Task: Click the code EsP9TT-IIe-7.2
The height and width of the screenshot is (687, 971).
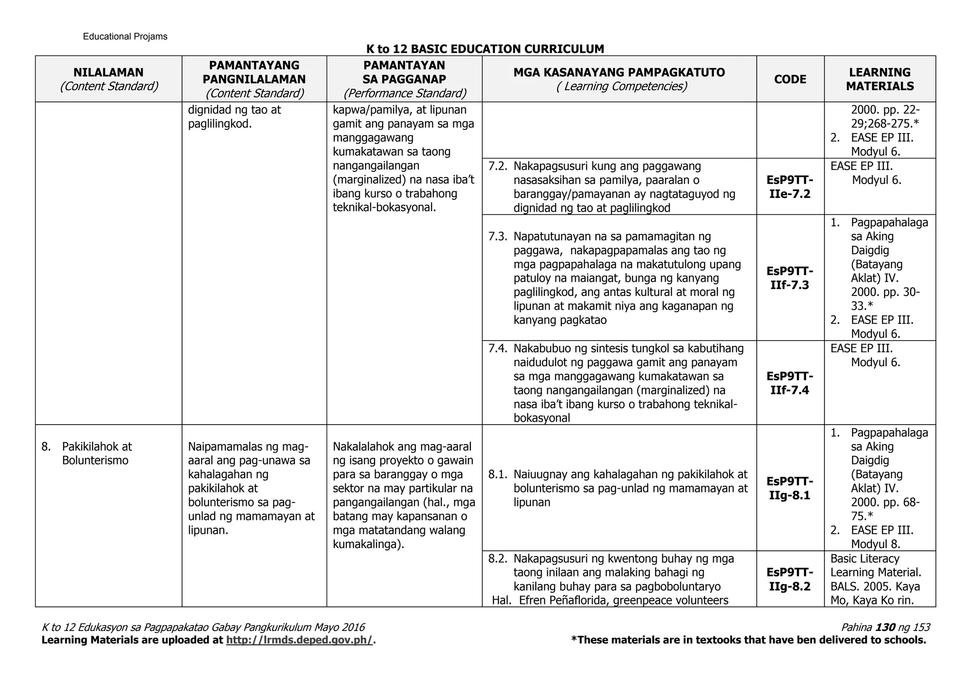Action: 790,187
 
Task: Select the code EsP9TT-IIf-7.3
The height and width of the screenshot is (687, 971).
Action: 790,278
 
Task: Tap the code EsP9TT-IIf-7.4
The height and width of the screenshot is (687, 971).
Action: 790,383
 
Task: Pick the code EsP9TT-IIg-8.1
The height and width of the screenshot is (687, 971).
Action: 790,488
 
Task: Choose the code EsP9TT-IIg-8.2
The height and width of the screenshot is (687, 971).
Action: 790,579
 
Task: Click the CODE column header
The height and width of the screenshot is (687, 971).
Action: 790,79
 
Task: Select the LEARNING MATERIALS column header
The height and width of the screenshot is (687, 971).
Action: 879,79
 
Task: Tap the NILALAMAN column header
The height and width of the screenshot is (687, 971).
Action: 108,73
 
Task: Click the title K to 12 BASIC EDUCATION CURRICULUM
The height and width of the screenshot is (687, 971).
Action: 485,49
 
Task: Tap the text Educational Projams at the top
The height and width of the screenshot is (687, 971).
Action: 125,37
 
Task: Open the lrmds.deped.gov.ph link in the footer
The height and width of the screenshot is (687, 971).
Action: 300,640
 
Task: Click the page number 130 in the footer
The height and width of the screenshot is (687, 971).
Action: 885,627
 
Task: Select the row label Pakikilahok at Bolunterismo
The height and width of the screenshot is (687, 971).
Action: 96,454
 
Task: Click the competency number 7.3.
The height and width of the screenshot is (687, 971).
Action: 498,236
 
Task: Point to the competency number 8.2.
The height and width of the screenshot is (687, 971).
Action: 498,558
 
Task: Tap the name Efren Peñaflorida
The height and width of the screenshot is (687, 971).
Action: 563,600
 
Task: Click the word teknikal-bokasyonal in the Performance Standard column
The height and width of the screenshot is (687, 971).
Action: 384,207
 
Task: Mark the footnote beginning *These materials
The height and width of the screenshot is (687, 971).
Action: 748,640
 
